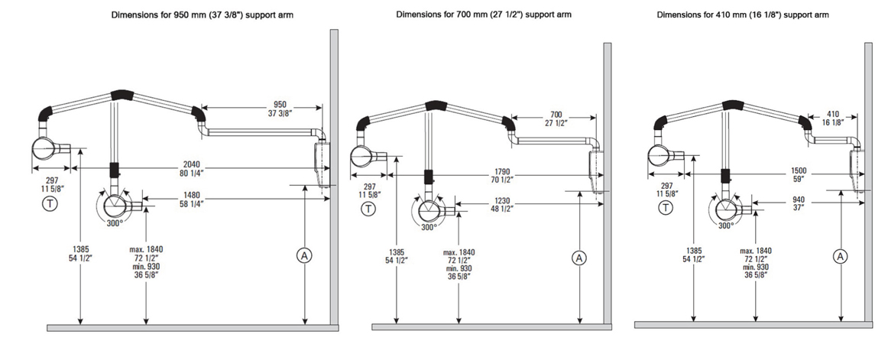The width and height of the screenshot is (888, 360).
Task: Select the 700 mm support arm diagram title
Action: (483, 15)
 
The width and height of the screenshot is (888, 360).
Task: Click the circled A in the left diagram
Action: (305, 255)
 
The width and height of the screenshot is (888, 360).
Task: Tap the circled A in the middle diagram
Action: (578, 258)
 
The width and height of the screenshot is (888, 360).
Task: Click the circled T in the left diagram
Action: (50, 203)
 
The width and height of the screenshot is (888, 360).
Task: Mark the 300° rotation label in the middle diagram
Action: (428, 227)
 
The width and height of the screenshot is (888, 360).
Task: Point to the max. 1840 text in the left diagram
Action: (148, 249)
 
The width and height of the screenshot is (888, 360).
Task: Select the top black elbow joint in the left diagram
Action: (121, 96)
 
